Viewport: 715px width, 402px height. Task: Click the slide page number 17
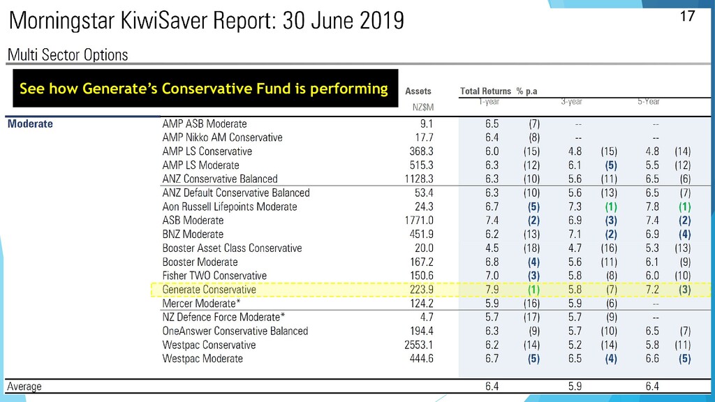click(x=688, y=15)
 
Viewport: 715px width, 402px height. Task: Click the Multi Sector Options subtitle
click(x=68, y=54)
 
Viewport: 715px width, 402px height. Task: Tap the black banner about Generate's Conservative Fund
click(x=203, y=89)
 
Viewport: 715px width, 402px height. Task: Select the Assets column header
click(x=418, y=91)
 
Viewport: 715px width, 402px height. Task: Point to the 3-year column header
click(x=573, y=102)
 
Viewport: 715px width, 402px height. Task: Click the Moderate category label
click(x=30, y=124)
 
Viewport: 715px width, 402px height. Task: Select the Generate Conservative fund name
click(x=209, y=290)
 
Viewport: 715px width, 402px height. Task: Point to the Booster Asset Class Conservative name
click(x=232, y=248)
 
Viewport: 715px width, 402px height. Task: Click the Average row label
click(x=24, y=386)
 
